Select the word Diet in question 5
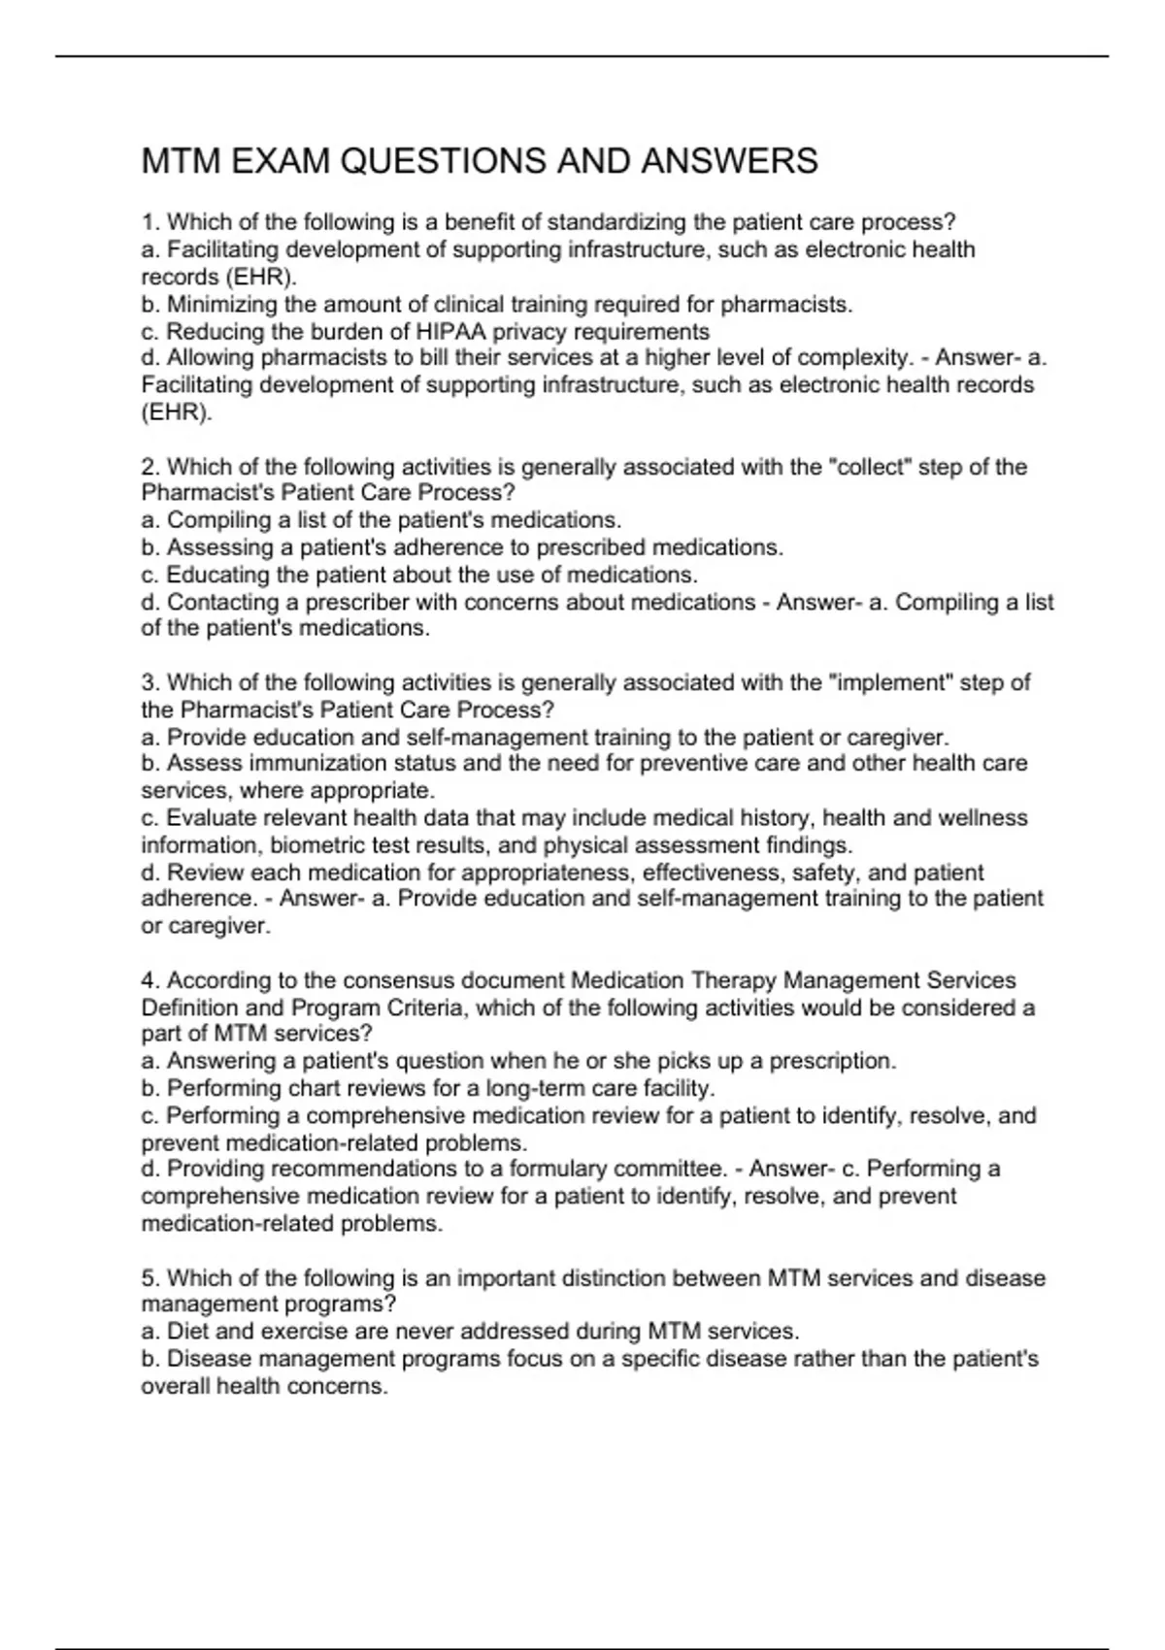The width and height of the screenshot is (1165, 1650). click(x=185, y=1331)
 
